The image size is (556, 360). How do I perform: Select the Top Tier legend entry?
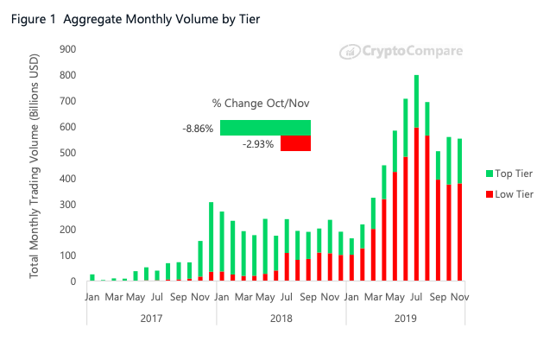tap(511, 174)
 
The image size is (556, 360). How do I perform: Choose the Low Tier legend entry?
tap(511, 194)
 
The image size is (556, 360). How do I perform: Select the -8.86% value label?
tap(198, 128)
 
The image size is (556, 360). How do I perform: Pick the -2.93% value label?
tap(258, 144)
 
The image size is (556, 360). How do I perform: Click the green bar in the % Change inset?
tap(265, 128)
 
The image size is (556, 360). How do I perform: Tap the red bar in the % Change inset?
tap(294, 143)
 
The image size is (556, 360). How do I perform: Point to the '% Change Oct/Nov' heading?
tap(261, 104)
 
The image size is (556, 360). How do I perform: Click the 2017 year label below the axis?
tap(152, 317)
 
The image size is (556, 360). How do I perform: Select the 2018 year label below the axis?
tap(281, 317)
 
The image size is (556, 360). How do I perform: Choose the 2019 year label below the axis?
tap(406, 317)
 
